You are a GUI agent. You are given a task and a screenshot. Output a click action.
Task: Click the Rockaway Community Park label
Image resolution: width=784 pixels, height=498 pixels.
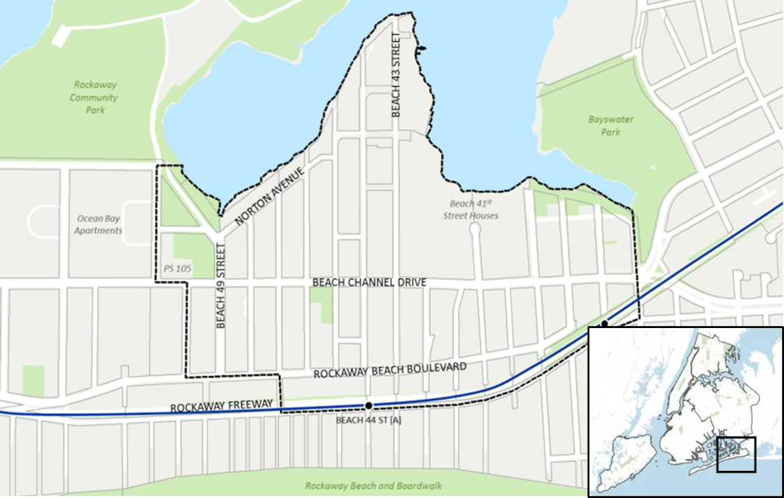pos(93,98)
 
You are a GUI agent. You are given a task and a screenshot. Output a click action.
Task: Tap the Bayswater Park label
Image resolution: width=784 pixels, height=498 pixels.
pos(610,125)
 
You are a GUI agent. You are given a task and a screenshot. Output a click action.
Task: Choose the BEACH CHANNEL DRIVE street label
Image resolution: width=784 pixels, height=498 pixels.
pos(369,282)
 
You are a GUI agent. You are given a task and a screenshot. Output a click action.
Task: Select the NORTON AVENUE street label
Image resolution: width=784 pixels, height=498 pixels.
pos(270,196)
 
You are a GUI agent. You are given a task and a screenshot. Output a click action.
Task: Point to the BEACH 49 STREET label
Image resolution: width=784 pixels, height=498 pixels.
pos(220,286)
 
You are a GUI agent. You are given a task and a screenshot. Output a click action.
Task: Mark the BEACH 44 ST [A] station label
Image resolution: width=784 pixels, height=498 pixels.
pos(368,420)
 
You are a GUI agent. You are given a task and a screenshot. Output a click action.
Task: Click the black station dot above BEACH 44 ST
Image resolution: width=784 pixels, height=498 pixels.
pos(368,405)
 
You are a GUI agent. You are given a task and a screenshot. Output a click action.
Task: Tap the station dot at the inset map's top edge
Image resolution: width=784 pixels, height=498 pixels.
pos(605,323)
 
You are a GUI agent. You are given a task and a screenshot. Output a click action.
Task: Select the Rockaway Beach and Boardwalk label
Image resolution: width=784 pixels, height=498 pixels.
pos(373,485)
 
